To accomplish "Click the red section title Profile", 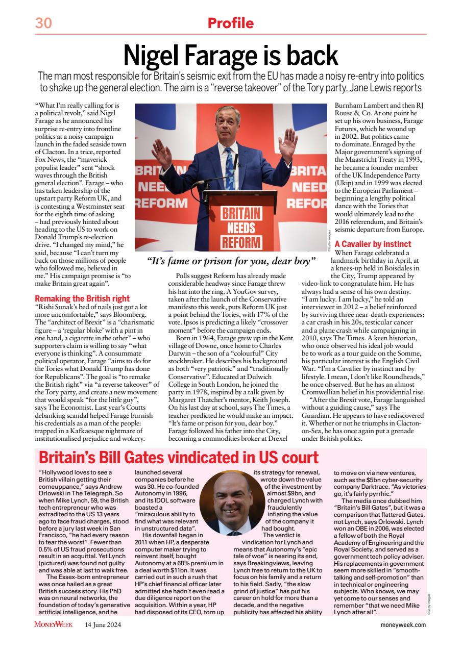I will [x=231, y=23].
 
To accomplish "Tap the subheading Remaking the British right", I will [x=82, y=298].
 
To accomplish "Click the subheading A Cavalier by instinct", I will [x=373, y=244].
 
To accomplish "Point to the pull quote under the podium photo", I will [x=231, y=262].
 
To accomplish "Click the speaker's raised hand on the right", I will [x=288, y=140].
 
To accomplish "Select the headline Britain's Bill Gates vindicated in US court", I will [x=179, y=458].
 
